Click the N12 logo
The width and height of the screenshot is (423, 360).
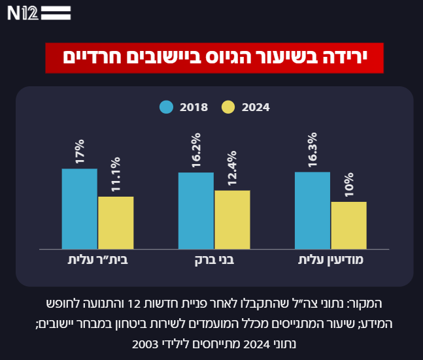pyautogui.click(x=39, y=13)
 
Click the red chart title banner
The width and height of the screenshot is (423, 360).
pyautogui.click(x=214, y=57)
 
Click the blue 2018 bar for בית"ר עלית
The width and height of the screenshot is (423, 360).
pyautogui.click(x=80, y=208)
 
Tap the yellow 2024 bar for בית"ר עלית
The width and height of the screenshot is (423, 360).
pyautogui.click(x=116, y=222)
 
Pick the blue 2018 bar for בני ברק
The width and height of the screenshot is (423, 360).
pyautogui.click(x=196, y=210)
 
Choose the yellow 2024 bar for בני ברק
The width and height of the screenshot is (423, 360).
pyautogui.click(x=232, y=220)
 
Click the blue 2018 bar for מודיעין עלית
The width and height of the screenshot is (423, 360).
pyautogui.click(x=313, y=210)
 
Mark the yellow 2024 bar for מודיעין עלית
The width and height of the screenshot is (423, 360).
pyautogui.click(x=348, y=225)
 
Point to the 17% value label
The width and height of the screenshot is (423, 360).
pyautogui.click(x=80, y=151)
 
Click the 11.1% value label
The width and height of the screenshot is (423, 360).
pyautogui.click(x=116, y=173)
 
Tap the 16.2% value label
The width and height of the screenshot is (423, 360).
pyautogui.click(x=196, y=152)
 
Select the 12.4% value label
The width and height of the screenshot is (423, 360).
pyautogui.click(x=232, y=169)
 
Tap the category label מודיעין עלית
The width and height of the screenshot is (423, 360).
pyautogui.click(x=331, y=260)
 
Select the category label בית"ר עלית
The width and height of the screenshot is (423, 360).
pyautogui.click(x=97, y=260)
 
